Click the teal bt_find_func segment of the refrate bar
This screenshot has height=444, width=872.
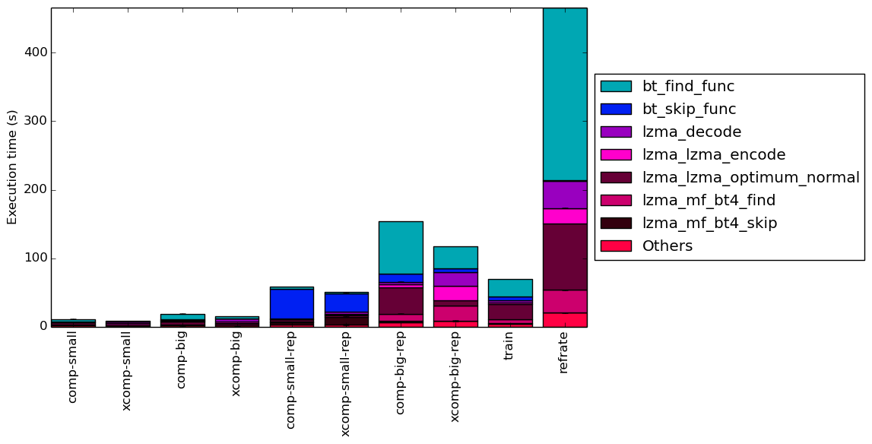coord(564,94)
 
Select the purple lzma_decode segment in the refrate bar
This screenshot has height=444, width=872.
coord(564,195)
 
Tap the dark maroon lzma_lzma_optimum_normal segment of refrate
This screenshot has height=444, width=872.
coord(564,257)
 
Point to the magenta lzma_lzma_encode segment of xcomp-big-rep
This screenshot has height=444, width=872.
coord(455,293)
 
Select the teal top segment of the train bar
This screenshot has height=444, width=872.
coord(510,288)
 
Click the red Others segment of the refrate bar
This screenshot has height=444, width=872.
coord(564,320)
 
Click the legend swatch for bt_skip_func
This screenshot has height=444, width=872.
coord(616,109)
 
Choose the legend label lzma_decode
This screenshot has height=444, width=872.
coord(692,132)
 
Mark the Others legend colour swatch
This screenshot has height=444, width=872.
coord(616,246)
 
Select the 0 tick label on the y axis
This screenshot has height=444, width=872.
coord(43,327)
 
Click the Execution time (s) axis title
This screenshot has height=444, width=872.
coord(11,167)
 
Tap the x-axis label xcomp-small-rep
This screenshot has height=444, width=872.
coord(345,385)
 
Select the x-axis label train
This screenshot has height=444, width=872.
coord(509,347)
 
